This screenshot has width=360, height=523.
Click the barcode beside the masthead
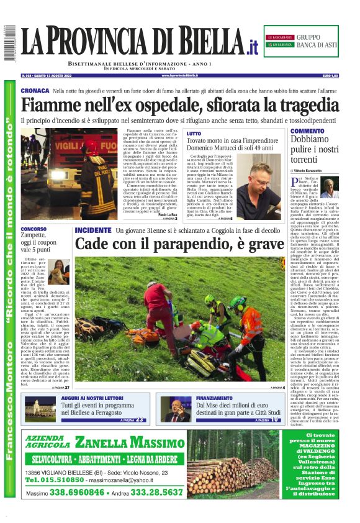click(x=9, y=43)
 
